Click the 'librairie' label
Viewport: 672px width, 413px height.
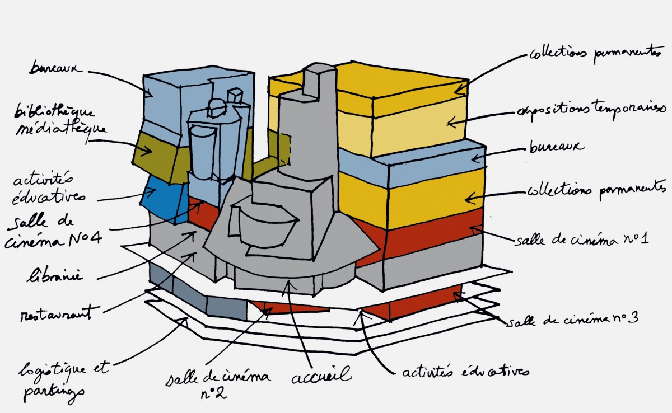(55, 276)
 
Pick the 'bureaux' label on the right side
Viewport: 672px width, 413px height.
(557, 148)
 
